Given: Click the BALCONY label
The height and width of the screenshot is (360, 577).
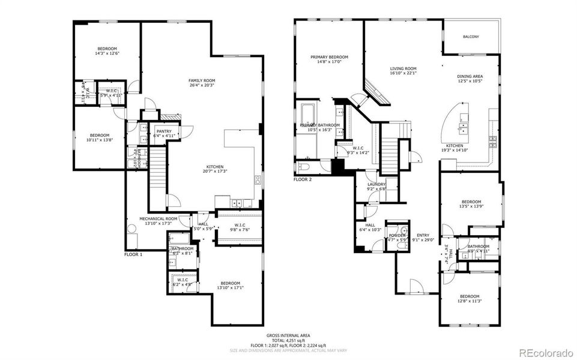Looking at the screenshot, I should tap(471, 37).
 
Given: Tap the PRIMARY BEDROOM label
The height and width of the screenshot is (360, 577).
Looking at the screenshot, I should tap(329, 57).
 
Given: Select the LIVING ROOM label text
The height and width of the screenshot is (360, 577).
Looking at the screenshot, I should tap(403, 68).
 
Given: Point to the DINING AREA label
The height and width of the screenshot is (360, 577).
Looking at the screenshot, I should tap(470, 76).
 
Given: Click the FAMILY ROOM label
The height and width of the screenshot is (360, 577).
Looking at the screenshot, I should tap(202, 80).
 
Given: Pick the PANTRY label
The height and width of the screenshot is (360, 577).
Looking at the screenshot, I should tap(164, 131).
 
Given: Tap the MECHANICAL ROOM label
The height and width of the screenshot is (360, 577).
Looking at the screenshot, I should tap(159, 218).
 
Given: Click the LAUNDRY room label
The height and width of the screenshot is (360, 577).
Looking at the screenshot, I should tap(376, 184).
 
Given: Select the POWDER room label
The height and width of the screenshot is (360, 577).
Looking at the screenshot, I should tap(397, 235).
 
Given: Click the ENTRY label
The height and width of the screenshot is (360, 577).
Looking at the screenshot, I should tap(423, 235).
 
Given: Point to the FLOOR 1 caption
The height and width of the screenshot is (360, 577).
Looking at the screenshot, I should tap(133, 254).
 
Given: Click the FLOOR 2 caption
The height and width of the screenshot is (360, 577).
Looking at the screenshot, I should tap(303, 179).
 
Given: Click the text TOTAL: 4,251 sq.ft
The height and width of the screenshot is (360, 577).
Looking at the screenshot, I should tap(288, 340).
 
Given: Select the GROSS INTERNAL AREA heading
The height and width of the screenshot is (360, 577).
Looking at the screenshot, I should tap(288, 335).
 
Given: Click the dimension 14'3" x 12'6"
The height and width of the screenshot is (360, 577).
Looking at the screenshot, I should tap(107, 53).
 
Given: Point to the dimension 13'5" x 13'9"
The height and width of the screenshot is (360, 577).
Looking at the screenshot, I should tap(471, 206).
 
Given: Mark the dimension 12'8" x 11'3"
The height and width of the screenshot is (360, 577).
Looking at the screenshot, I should tap(470, 301).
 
